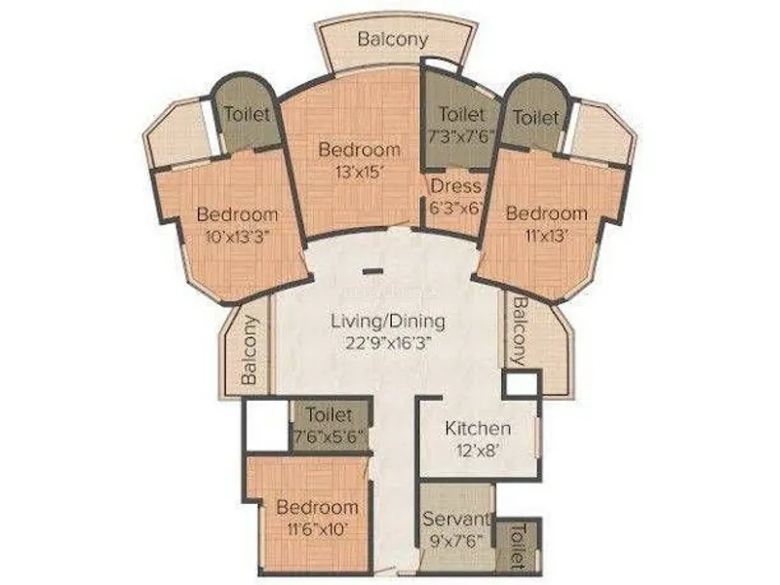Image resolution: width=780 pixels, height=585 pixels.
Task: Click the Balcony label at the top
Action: click(392, 40)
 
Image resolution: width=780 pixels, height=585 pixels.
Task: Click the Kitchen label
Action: click(478, 428)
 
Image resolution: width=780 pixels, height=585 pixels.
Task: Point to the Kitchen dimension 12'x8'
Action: click(478, 450)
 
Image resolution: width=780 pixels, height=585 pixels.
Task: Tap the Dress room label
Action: click(455, 185)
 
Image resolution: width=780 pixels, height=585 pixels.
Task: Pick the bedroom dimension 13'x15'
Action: click(359, 172)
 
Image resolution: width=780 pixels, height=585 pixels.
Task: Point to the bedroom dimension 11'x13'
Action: click(546, 235)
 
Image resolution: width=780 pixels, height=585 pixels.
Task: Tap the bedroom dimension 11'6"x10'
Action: click(316, 529)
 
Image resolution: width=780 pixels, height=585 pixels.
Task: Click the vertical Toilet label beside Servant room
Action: click(518, 546)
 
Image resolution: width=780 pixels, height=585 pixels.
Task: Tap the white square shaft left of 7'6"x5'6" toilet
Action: click(266, 426)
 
